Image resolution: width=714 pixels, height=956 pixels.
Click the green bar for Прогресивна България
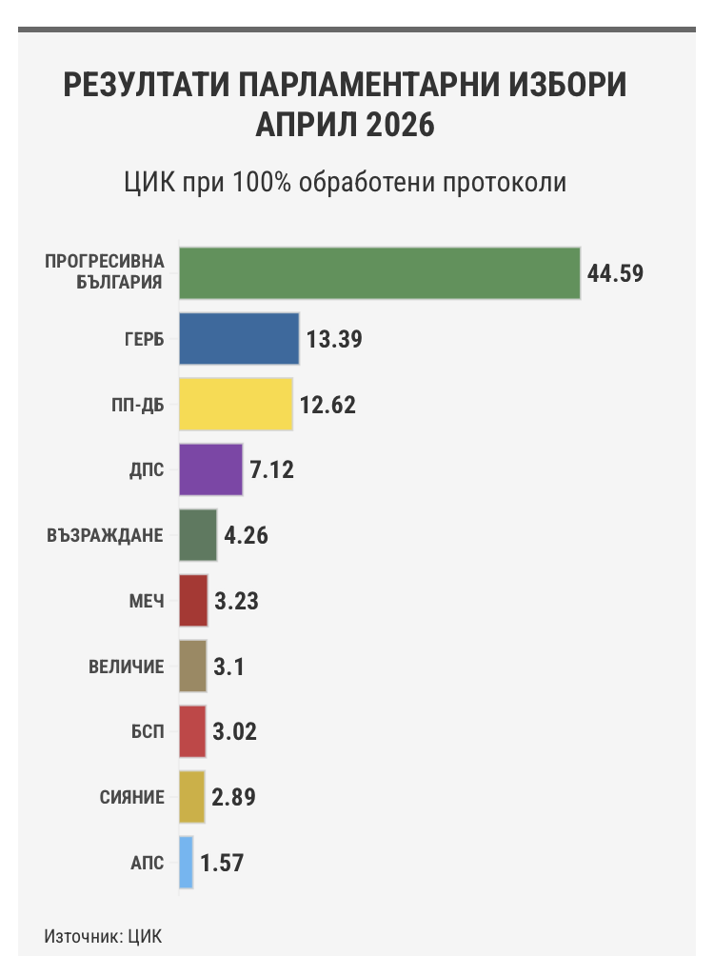[380, 273]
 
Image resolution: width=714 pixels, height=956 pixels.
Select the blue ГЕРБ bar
[239, 339]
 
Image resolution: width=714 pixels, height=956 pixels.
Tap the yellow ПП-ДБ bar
[236, 405]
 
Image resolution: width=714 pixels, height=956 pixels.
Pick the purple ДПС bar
[211, 469]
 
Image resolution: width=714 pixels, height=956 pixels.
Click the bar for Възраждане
[198, 535]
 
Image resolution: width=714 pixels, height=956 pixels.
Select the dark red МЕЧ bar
[193, 601]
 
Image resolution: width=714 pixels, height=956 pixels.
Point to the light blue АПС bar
[187, 863]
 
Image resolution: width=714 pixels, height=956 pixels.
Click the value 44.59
[616, 273]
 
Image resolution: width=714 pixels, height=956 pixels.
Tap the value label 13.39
[335, 339]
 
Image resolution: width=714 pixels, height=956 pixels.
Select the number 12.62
[327, 405]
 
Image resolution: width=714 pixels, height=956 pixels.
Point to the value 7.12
[272, 469]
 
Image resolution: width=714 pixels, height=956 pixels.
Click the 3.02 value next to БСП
[235, 731]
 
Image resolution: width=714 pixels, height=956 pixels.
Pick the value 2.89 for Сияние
[235, 797]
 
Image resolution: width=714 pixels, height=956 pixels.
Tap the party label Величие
[127, 667]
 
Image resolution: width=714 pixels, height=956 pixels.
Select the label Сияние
[132, 797]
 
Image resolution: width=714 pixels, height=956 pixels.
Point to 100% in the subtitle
[260, 182]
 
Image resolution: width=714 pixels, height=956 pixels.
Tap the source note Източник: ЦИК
[96, 935]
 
